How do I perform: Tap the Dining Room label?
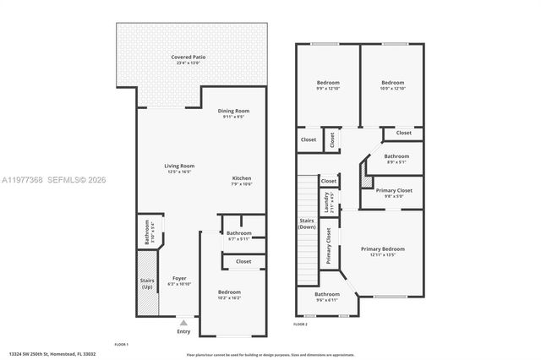click(233, 111)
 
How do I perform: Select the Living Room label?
click(179, 166)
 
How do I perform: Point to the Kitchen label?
click(242, 178)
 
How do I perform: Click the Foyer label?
click(179, 278)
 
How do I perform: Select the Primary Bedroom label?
click(382, 249)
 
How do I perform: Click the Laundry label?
click(326, 203)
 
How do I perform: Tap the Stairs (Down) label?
click(307, 224)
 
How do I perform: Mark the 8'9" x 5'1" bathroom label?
click(396, 156)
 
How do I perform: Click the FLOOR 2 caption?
click(300, 324)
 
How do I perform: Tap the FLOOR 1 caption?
click(121, 344)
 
